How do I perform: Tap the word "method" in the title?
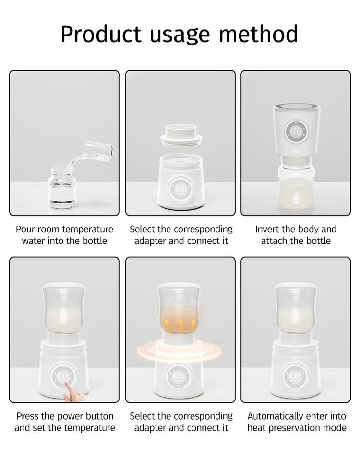pos(259,34)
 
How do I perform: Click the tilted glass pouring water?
pos(98,150)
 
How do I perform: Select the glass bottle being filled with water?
pos(62,187)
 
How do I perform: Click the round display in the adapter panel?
pos(180,189)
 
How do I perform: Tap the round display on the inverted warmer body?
pos(296,131)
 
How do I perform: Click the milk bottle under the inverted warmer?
pos(296,185)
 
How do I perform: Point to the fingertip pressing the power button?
pos(67,385)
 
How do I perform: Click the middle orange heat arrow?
pos(180,325)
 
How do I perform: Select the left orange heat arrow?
pos(167,325)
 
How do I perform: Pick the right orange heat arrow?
pos(193,325)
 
